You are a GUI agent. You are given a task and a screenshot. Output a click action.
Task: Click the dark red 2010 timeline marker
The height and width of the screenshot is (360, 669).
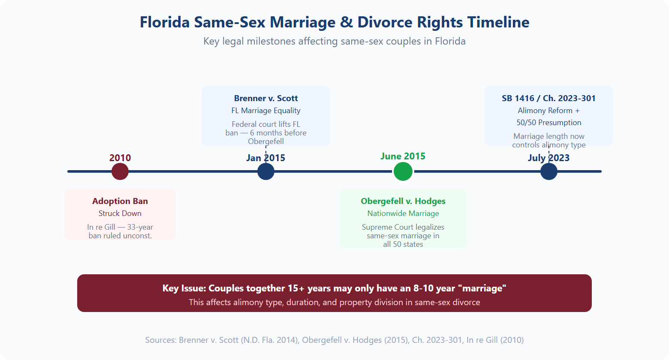pos(120,171)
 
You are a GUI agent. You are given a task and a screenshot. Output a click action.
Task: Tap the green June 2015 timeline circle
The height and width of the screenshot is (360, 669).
pos(403,171)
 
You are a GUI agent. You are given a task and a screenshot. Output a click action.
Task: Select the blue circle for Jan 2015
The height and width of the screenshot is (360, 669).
pos(266,171)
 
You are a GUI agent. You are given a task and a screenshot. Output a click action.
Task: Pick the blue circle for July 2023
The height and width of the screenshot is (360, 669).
pos(549,171)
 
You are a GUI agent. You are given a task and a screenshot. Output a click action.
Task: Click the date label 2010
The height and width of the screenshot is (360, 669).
pos(120,158)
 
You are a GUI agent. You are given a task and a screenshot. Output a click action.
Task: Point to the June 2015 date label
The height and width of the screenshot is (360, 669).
pos(403,156)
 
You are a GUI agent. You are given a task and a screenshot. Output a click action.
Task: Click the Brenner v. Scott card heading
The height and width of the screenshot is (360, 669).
pos(266,99)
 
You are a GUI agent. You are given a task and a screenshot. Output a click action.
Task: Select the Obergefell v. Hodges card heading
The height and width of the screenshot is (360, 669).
pos(403,201)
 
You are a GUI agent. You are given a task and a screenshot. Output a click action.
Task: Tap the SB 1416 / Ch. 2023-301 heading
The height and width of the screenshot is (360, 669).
pos(549,98)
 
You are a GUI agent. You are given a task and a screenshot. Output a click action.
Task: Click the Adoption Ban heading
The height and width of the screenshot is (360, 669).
pos(120,201)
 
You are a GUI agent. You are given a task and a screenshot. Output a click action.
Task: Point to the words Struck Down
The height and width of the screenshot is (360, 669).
pos(120,213)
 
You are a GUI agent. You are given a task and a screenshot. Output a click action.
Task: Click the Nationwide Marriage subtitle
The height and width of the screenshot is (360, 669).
pos(403,213)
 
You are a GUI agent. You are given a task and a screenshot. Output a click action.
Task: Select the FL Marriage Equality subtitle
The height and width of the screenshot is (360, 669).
pos(266,111)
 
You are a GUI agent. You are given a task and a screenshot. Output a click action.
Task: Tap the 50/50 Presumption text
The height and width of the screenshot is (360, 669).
pos(549,123)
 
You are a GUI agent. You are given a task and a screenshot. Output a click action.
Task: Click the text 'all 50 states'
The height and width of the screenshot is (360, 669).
pos(403,244)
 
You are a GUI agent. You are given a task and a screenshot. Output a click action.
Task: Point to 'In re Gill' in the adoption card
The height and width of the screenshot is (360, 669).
pos(101,227)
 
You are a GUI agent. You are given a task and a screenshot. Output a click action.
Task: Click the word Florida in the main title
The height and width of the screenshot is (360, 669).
pos(165,22)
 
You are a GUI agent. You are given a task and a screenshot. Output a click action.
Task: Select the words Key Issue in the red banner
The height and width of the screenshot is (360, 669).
pos(183,288)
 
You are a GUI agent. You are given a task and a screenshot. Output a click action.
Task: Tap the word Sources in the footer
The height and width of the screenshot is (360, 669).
pos(160,340)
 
